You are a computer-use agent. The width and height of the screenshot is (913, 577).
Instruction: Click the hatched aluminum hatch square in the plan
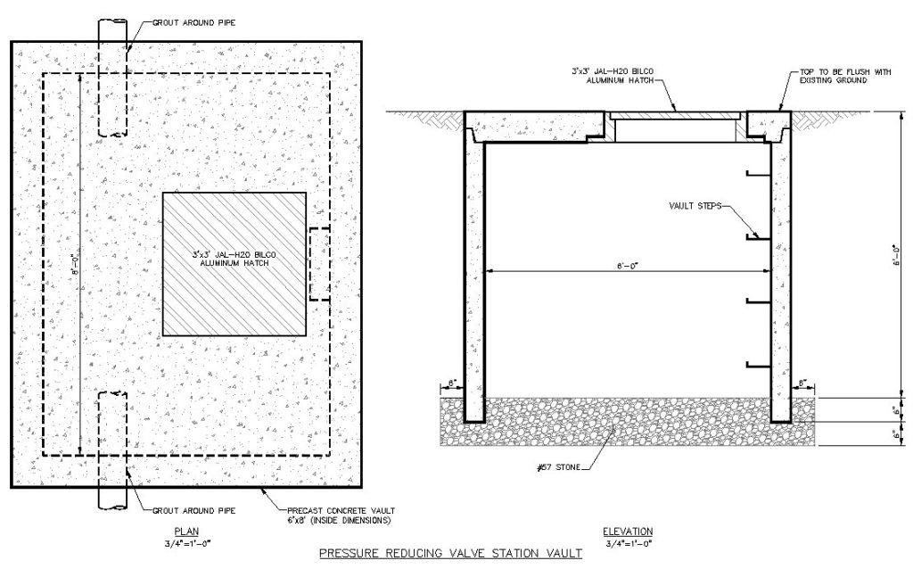(234, 264)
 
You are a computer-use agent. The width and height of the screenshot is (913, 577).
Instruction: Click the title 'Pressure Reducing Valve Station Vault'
(450, 553)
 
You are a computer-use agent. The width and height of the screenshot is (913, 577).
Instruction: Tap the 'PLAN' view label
(186, 531)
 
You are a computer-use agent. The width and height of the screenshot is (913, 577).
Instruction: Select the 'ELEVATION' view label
(628, 531)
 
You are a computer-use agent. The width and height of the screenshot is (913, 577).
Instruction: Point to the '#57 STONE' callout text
(560, 467)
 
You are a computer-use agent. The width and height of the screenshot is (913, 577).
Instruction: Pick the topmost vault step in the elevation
(759, 174)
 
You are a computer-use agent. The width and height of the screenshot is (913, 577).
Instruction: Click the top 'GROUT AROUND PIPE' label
(193, 22)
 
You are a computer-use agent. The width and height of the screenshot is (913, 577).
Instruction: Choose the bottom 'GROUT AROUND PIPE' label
(193, 511)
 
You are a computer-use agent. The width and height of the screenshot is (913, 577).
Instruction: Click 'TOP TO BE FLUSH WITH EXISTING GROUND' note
(845, 76)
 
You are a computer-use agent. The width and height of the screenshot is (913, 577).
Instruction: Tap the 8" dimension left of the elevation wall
(451, 383)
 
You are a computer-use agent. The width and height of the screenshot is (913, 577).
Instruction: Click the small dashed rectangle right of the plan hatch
(320, 264)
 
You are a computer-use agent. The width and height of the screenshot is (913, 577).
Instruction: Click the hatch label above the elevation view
(612, 76)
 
